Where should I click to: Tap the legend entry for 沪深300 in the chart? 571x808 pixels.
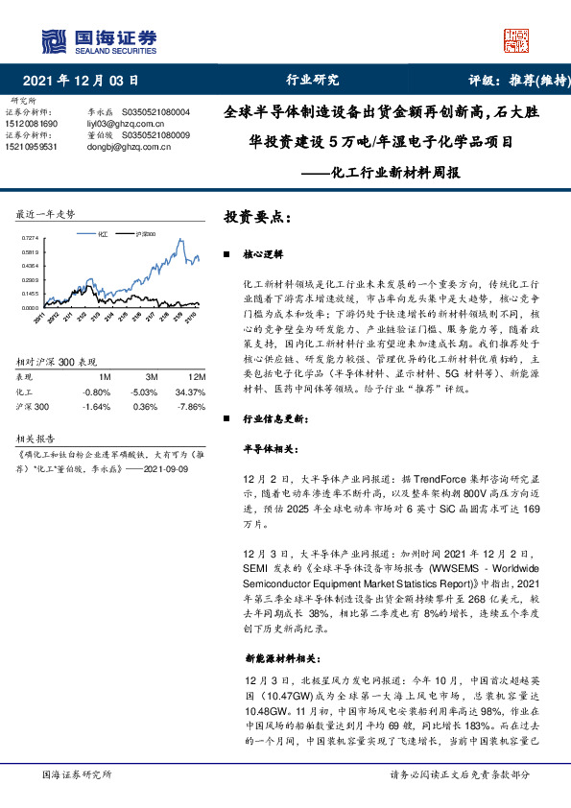[145, 233]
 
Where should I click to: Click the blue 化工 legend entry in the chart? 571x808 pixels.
[101, 233]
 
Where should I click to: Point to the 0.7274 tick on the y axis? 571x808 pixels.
[28, 238]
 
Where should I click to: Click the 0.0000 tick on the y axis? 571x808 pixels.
[28, 307]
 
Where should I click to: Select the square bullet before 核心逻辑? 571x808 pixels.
[226, 257]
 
